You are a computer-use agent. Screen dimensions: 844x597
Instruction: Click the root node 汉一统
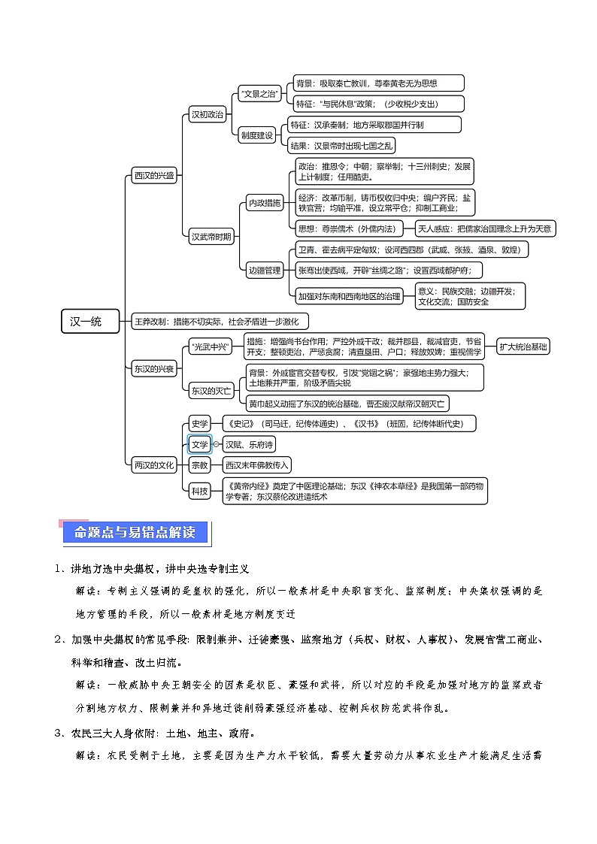pyautogui.click(x=90, y=322)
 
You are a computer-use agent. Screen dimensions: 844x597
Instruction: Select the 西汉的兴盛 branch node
pyautogui.click(x=153, y=176)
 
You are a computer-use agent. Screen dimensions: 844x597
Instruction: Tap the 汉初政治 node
pyautogui.click(x=207, y=115)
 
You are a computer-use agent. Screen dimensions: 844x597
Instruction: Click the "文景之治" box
pyautogui.click(x=259, y=94)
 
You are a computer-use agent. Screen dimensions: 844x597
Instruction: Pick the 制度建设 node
pyautogui.click(x=257, y=135)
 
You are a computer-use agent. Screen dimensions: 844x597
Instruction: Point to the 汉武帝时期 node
pyautogui.click(x=211, y=237)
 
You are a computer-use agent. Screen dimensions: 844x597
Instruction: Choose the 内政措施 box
pyautogui.click(x=265, y=203)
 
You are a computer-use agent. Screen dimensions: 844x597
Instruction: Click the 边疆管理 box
pyautogui.click(x=265, y=270)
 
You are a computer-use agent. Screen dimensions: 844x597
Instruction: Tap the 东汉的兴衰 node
pyautogui.click(x=153, y=369)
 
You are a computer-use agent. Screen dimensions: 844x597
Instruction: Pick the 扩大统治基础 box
pyautogui.click(x=524, y=346)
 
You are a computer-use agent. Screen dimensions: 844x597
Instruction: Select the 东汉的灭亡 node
pyautogui.click(x=211, y=390)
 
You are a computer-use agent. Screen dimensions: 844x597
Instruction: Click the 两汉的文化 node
pyautogui.click(x=153, y=465)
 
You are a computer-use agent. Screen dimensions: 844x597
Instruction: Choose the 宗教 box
pyautogui.click(x=199, y=465)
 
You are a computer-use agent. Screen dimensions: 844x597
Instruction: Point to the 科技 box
pyautogui.click(x=199, y=491)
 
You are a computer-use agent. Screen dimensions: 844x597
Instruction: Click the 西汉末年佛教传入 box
pyautogui.click(x=256, y=465)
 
